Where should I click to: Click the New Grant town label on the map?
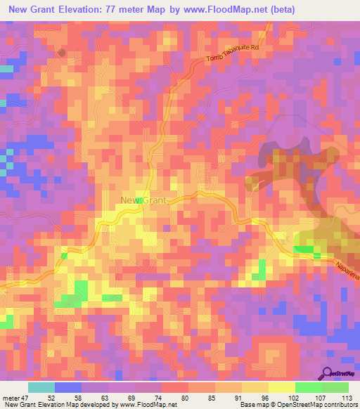coord(143,201)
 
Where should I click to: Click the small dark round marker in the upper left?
coord(62,52)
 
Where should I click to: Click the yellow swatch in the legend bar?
coord(281,387)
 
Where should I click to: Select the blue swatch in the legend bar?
coord(68,387)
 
